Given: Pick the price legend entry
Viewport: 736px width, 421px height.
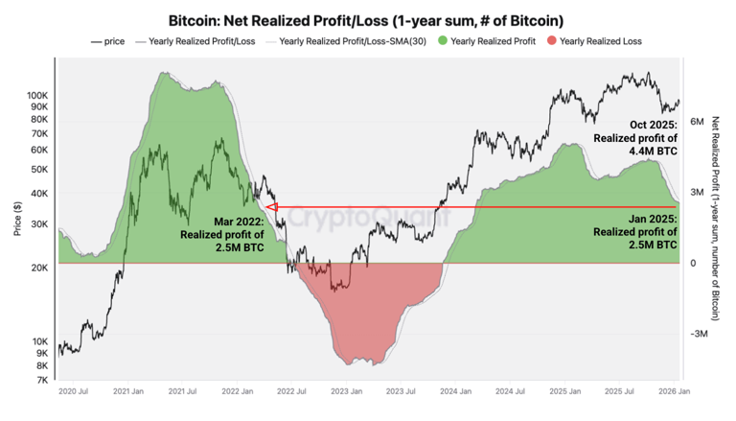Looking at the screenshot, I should (108, 41).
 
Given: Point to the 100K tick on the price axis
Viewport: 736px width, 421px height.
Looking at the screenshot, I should (37, 96).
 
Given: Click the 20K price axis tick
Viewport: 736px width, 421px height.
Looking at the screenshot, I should (40, 268).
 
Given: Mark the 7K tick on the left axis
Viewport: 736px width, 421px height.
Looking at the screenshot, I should (43, 380).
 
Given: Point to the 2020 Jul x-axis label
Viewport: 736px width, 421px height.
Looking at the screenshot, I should (74, 392).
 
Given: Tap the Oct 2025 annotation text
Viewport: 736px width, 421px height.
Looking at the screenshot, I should (635, 137).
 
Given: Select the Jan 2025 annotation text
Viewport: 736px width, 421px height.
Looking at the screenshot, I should (635, 232).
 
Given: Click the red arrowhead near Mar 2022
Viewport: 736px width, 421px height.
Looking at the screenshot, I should (270, 206).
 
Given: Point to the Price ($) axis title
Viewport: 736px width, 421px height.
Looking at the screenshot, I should (16, 220).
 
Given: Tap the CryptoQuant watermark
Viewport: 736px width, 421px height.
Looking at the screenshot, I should (369, 219).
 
